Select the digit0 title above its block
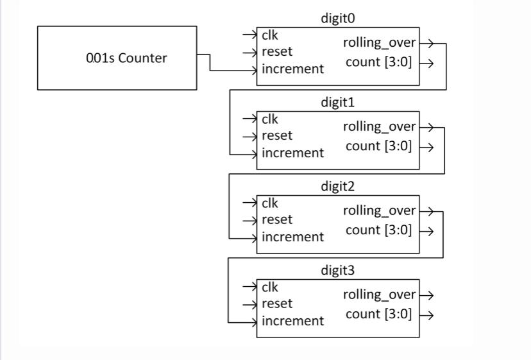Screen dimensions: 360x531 (x=337, y=19)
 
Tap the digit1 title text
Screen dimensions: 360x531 (x=337, y=102)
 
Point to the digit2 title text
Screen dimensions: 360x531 (x=337, y=186)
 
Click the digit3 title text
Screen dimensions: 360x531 (x=337, y=270)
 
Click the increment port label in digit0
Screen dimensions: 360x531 (x=292, y=69)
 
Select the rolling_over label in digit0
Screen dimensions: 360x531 (x=379, y=43)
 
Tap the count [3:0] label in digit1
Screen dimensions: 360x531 (x=379, y=146)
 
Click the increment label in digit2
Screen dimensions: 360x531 (x=292, y=237)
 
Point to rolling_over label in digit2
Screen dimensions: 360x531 (x=379, y=211)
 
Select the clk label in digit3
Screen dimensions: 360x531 (x=270, y=287)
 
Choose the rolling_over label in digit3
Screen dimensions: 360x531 (x=379, y=295)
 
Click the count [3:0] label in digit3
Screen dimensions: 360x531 (x=379, y=314)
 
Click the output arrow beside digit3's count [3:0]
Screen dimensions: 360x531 (x=427, y=314)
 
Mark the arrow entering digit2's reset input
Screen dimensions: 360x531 (x=249, y=220)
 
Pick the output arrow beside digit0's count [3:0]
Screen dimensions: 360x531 (x=427, y=63)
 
